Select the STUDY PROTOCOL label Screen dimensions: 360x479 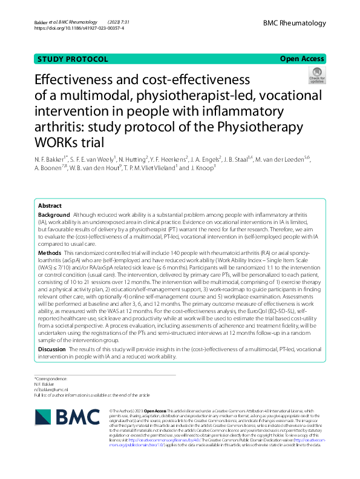pos(73,59)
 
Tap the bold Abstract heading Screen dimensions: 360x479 pos(50,206)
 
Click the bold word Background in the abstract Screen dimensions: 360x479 pos(54,215)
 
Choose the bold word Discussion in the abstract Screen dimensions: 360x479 pos(53,349)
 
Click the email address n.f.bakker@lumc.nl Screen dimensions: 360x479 pos(51,389)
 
